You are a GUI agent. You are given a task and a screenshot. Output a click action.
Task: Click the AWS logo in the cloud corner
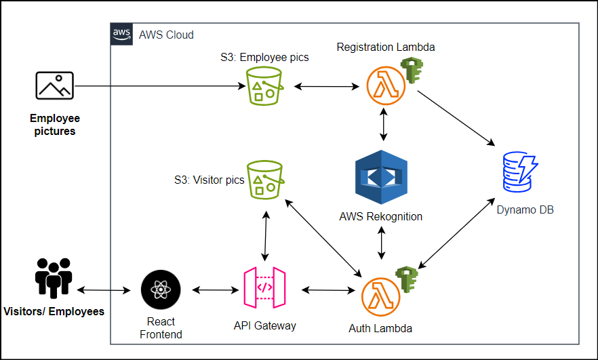click(x=121, y=34)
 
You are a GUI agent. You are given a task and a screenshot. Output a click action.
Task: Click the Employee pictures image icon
click(x=54, y=87)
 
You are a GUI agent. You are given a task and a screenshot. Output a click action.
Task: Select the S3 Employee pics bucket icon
click(x=265, y=87)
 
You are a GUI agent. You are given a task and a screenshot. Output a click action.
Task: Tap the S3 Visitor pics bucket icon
click(x=265, y=180)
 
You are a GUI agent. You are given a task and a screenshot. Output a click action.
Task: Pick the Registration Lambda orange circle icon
click(x=385, y=87)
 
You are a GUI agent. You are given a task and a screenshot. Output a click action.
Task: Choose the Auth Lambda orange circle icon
click(x=381, y=296)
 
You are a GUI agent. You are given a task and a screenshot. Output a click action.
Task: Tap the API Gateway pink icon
click(x=264, y=289)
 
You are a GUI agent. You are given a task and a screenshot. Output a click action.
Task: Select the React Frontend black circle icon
click(x=161, y=289)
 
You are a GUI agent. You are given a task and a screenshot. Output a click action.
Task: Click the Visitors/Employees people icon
click(x=54, y=278)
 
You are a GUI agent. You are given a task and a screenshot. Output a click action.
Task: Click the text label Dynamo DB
click(x=525, y=210)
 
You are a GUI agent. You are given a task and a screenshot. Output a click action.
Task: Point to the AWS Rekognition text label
click(x=381, y=217)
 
